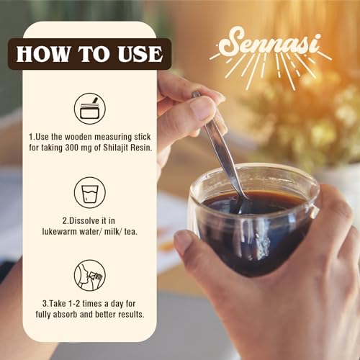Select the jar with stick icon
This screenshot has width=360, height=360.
click(90, 109)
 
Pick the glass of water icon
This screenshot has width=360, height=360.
click(90, 192)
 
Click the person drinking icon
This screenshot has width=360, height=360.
click(90, 275)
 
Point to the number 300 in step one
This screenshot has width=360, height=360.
click(71, 148)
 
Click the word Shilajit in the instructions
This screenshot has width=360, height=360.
click(116, 148)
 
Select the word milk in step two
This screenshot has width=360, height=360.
click(112, 231)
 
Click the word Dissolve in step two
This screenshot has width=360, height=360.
click(92, 220)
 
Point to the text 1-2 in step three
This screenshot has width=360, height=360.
click(74, 304)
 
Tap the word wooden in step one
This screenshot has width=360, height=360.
click(78, 137)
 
